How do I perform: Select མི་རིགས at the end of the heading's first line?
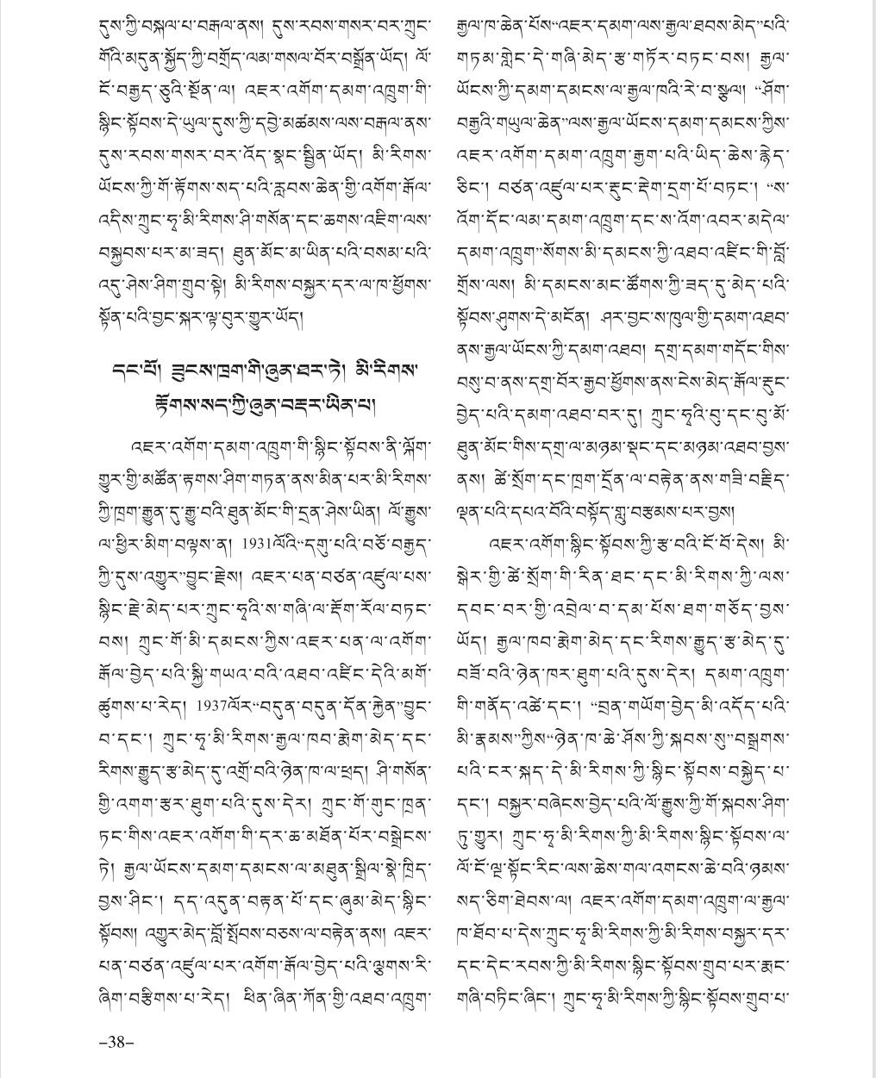coord(391,370)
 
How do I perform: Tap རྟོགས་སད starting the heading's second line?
coord(171,404)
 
